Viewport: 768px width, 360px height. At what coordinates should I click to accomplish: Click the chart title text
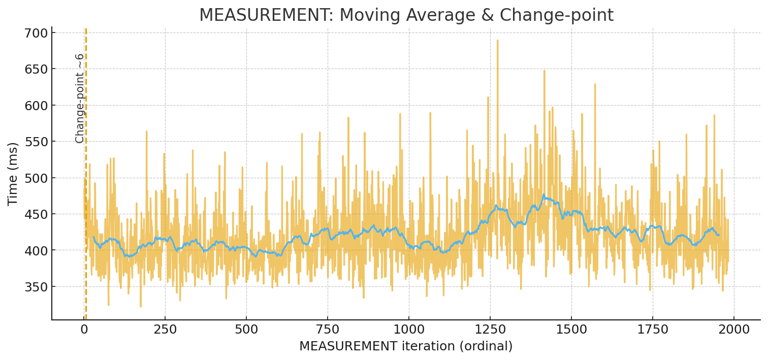point(406,15)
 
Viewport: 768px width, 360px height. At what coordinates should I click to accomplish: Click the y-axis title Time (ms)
point(13,174)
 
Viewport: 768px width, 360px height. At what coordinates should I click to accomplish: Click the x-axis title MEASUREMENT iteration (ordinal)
point(406,346)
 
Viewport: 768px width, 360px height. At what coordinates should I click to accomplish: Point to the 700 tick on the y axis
point(36,34)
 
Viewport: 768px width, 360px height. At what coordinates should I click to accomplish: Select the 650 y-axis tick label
point(36,70)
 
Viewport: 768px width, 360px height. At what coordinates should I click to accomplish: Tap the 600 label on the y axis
point(36,106)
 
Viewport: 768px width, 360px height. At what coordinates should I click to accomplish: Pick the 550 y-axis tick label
point(36,142)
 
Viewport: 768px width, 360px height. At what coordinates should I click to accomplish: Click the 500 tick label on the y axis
point(36,178)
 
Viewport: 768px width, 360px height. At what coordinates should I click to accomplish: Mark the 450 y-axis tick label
point(36,214)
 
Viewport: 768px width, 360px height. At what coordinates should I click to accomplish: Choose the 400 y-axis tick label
point(36,251)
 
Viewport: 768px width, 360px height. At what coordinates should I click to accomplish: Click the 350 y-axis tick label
point(36,287)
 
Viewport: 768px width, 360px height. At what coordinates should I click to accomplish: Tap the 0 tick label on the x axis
point(84,330)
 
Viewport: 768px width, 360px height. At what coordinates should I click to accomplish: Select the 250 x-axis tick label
point(165,330)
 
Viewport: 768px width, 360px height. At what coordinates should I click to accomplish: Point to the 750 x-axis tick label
point(328,330)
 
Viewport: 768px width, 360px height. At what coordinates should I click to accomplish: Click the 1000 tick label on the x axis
point(409,330)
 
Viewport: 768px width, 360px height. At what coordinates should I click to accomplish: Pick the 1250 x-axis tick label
point(490,330)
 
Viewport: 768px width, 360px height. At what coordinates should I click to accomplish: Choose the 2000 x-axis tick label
point(734,330)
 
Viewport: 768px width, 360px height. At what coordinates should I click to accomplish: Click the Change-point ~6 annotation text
point(80,99)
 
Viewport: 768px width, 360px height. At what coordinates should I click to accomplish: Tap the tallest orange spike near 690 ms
point(497,41)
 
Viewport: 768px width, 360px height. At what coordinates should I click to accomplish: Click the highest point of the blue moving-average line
point(543,194)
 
